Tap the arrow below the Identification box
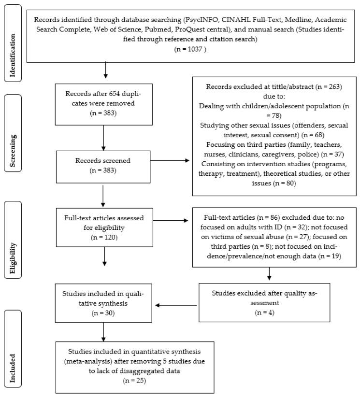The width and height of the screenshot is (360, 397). (x=105, y=71)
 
